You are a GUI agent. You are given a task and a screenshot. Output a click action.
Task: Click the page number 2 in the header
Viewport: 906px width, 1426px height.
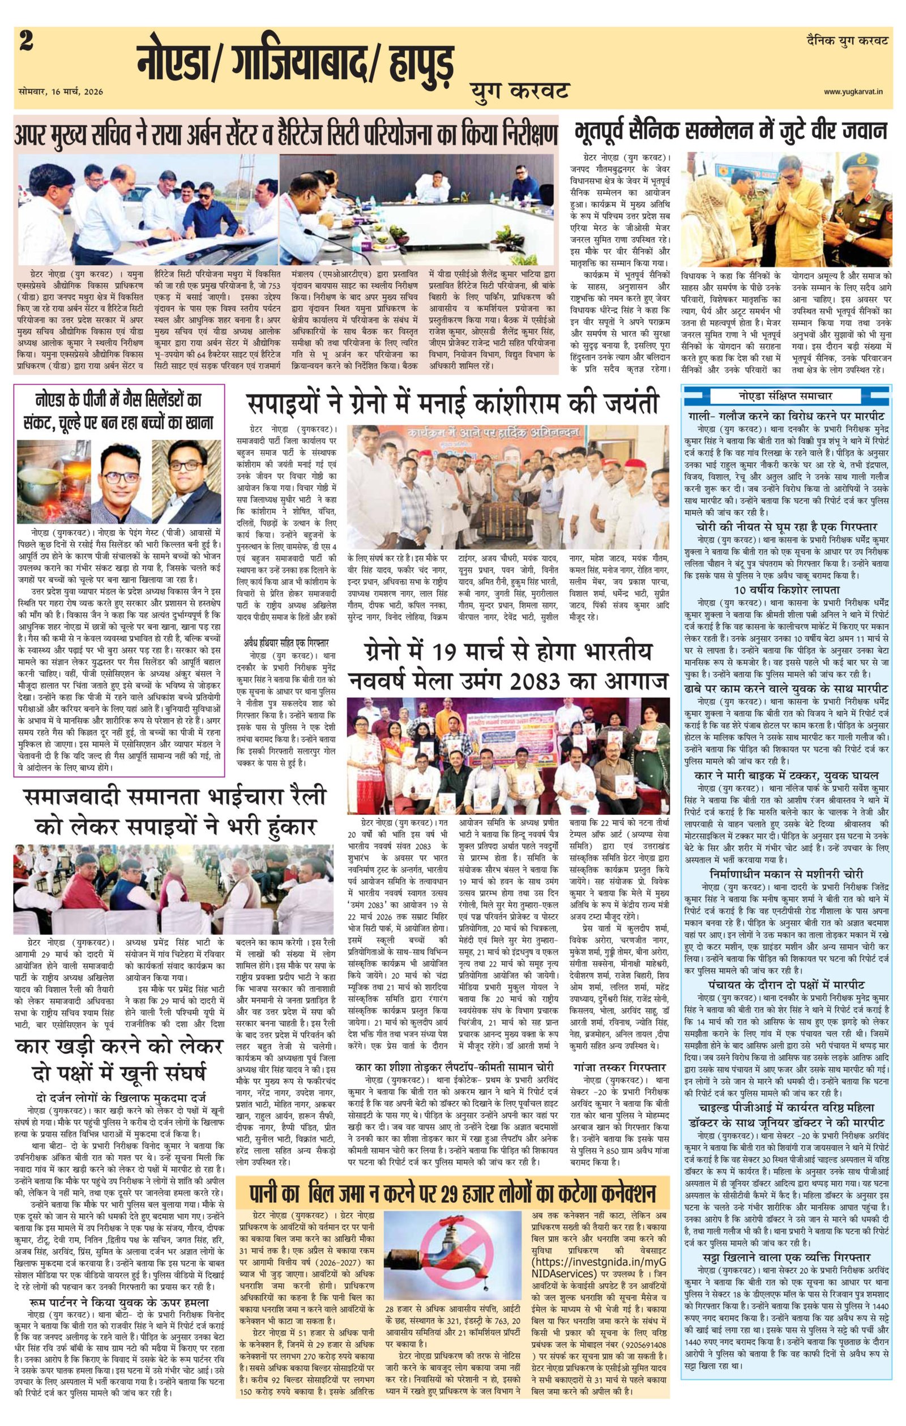tap(25, 42)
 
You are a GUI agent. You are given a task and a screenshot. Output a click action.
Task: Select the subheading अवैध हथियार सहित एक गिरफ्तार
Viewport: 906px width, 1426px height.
tap(286, 643)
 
